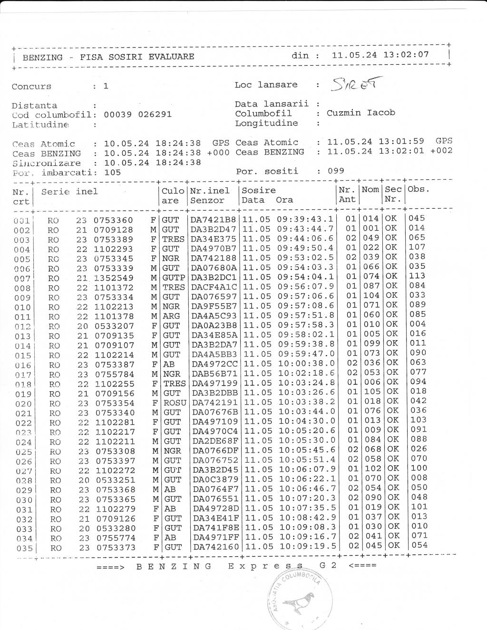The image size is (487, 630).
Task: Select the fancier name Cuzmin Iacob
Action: point(360,113)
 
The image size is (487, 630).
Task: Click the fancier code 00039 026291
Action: point(137,115)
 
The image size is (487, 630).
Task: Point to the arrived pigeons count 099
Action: point(336,171)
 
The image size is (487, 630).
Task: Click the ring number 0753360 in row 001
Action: point(113,220)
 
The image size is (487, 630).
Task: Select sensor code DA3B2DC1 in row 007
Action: point(214,277)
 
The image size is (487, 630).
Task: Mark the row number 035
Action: point(24,548)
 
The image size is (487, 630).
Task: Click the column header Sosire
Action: point(259,190)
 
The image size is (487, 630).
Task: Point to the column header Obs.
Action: point(419,189)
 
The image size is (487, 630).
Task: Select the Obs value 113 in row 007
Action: point(417,276)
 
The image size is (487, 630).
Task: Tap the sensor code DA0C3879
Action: point(215,479)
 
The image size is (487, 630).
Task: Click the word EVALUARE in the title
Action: point(171,57)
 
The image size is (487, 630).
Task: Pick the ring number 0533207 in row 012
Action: point(114,326)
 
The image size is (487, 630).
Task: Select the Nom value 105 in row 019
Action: point(372,392)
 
